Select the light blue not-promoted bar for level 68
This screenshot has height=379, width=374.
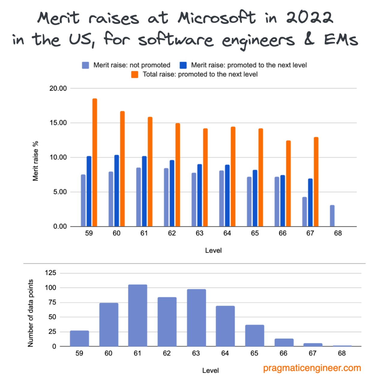[332, 216]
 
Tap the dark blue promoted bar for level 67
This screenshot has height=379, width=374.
[310, 203]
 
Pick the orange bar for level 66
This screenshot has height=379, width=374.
[288, 184]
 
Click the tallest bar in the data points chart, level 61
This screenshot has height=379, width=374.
[138, 316]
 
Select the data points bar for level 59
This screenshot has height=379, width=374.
[79, 339]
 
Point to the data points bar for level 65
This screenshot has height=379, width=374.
[254, 336]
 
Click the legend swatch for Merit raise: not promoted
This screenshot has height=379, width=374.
[85, 65]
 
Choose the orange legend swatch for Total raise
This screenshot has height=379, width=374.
[135, 75]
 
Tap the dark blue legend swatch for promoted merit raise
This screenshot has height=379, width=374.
[183, 65]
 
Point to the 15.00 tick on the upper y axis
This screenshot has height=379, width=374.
[58, 123]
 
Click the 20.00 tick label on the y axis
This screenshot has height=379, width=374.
[58, 88]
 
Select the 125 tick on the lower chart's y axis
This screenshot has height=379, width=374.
[50, 273]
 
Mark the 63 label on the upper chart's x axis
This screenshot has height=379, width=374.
[199, 233]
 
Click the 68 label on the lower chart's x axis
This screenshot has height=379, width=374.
[342, 353]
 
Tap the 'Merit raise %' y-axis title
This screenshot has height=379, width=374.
[36, 161]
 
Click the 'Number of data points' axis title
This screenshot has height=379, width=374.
[31, 313]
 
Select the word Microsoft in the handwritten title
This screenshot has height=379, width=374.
[217, 18]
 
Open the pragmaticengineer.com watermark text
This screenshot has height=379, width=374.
[312, 368]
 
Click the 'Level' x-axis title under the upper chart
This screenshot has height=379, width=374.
[213, 251]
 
